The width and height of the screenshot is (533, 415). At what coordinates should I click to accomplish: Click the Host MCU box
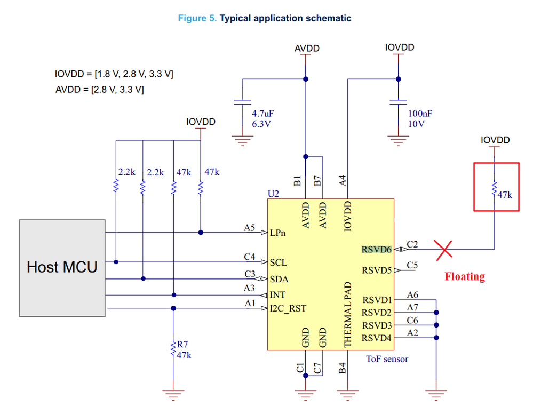click(62, 267)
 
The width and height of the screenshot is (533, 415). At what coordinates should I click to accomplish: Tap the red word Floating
click(465, 276)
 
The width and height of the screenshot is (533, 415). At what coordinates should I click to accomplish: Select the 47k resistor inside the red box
click(495, 188)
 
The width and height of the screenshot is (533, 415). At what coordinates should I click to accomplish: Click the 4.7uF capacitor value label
click(264, 114)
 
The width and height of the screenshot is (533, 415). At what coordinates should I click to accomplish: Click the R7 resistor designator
click(183, 345)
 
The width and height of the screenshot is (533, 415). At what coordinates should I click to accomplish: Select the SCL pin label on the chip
click(279, 262)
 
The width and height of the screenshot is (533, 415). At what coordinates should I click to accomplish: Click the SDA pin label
click(279, 279)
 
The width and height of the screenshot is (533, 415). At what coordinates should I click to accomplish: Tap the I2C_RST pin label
click(288, 308)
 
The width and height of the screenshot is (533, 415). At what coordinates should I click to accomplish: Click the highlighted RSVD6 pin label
click(377, 249)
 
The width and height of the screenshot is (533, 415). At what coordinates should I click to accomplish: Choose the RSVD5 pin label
click(377, 270)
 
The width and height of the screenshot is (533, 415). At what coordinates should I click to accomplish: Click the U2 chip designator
click(273, 194)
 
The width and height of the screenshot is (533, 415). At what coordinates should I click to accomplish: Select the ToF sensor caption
click(387, 359)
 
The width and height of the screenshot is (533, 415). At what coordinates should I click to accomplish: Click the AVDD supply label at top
click(307, 49)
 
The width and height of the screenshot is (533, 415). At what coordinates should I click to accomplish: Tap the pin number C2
click(412, 244)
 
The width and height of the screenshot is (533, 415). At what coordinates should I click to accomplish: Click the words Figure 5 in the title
click(197, 18)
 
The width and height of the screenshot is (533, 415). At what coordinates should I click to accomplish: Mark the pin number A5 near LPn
click(250, 228)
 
